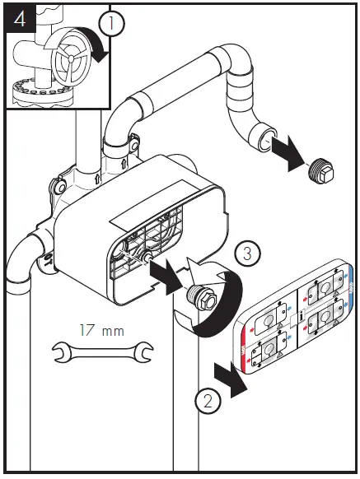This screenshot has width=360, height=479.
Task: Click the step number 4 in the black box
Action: coord(21,18)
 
